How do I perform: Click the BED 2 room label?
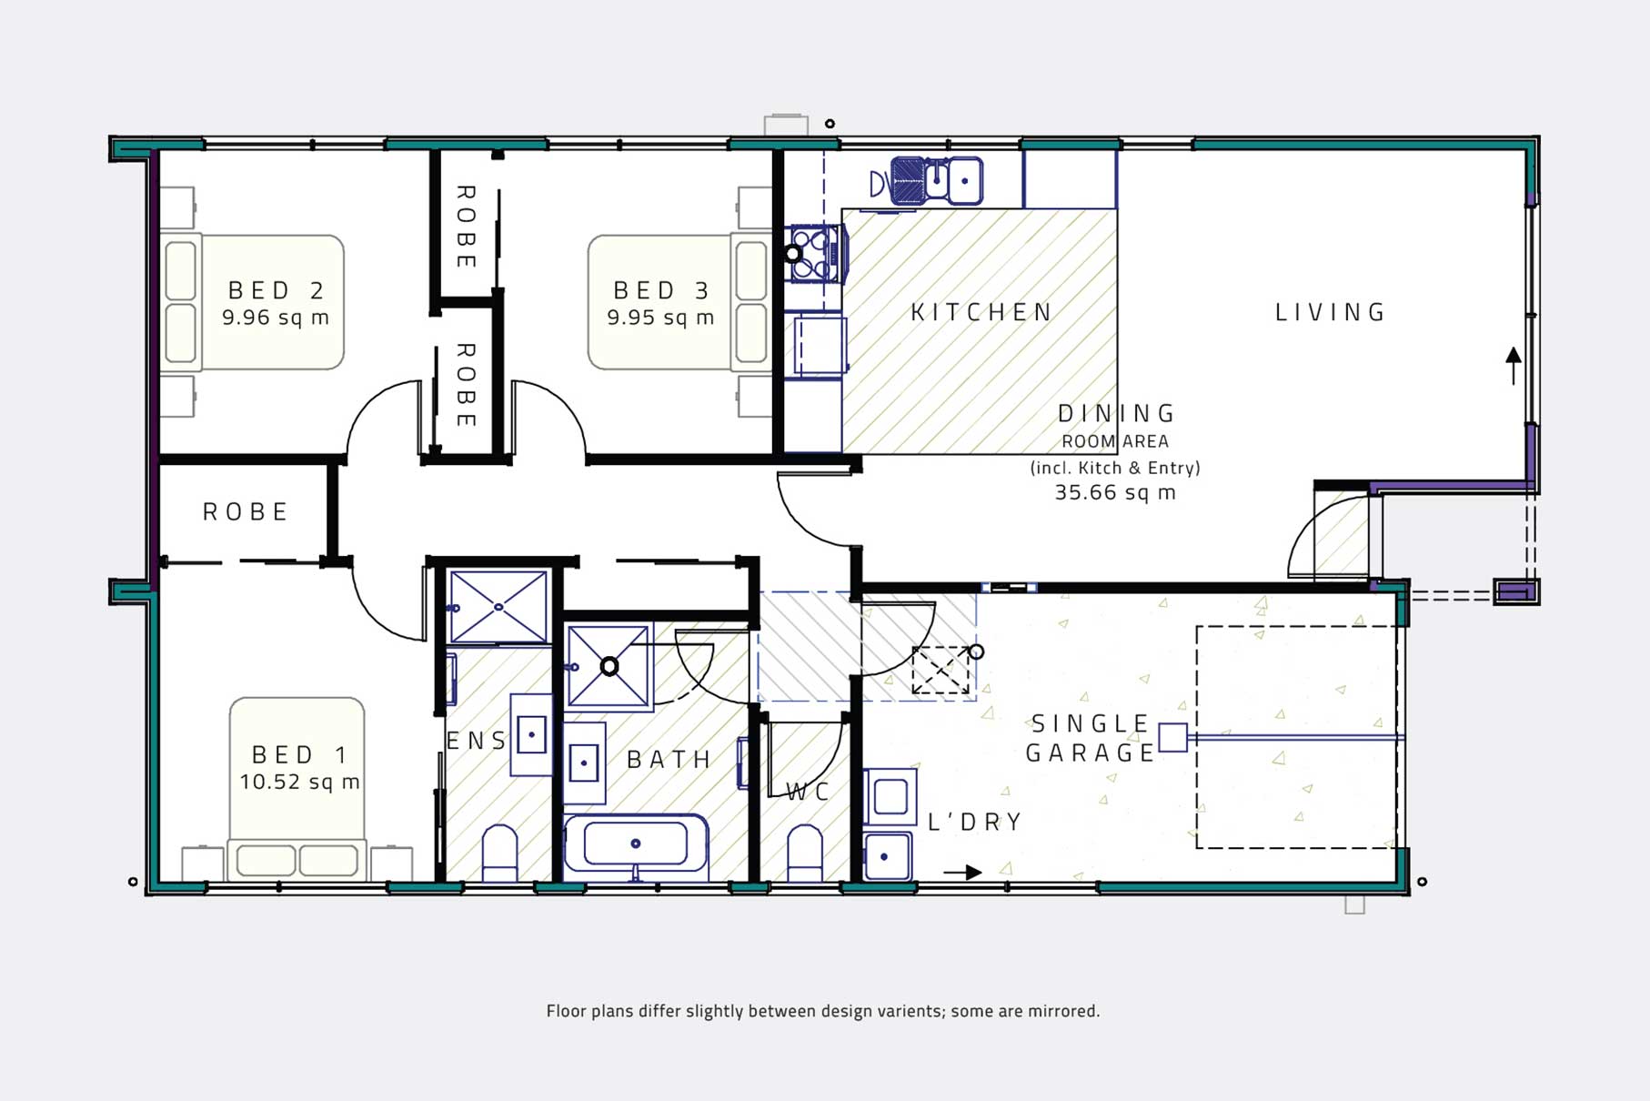(x=276, y=290)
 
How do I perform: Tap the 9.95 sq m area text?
(x=660, y=318)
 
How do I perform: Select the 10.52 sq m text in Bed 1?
(x=299, y=782)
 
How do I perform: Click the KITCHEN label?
(x=981, y=312)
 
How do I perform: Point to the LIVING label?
(x=1330, y=312)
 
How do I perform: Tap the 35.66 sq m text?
(x=1115, y=492)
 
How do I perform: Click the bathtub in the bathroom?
(x=636, y=843)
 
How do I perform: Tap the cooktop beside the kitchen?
(x=814, y=254)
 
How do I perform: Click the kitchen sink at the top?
(x=937, y=180)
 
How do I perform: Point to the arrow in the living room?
(x=1514, y=365)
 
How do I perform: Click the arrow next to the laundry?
(x=963, y=872)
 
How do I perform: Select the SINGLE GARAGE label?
(x=1091, y=738)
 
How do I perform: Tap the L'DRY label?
(x=975, y=822)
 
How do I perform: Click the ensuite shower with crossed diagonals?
(x=498, y=607)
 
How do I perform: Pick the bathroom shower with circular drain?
(x=609, y=667)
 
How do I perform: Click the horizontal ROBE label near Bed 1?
(x=245, y=511)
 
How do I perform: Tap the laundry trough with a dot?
(x=886, y=856)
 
